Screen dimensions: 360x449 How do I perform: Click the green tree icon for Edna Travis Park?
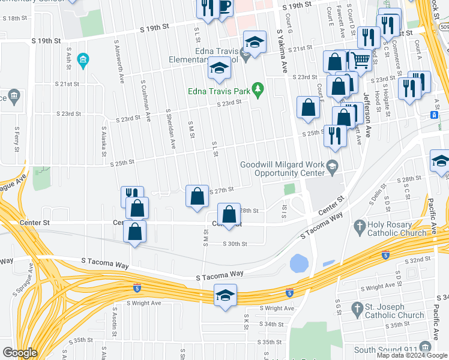click(259, 90)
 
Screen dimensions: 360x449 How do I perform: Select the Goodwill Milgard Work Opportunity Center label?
click(282, 169)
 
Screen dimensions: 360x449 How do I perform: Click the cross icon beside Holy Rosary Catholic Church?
click(360, 227)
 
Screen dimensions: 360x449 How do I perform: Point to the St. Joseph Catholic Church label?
click(394, 311)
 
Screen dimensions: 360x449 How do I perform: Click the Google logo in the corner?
click(20, 353)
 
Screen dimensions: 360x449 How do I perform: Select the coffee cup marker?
click(224, 8)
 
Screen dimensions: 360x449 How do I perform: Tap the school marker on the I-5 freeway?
click(226, 296)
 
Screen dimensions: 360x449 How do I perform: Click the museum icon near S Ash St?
click(83, 60)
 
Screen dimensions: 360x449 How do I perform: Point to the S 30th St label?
click(235, 244)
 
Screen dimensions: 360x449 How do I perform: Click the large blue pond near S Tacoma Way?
click(298, 263)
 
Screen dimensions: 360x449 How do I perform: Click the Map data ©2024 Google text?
click(412, 355)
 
